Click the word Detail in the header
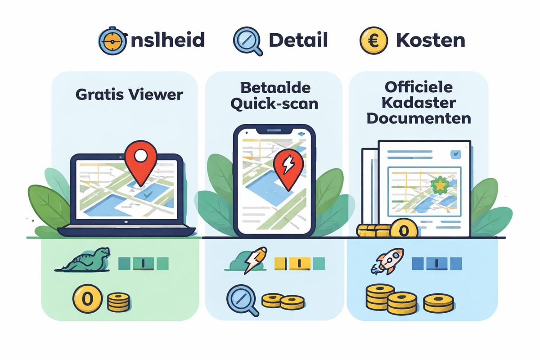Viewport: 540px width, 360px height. (298, 40)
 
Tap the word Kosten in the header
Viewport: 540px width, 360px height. (430, 40)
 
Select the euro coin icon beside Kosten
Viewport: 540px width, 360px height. (372, 40)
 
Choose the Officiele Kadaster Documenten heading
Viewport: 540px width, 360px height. (418, 103)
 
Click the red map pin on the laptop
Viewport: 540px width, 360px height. (140, 159)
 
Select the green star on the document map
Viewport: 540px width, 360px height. (437, 184)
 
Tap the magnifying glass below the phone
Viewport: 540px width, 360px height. (243, 300)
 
